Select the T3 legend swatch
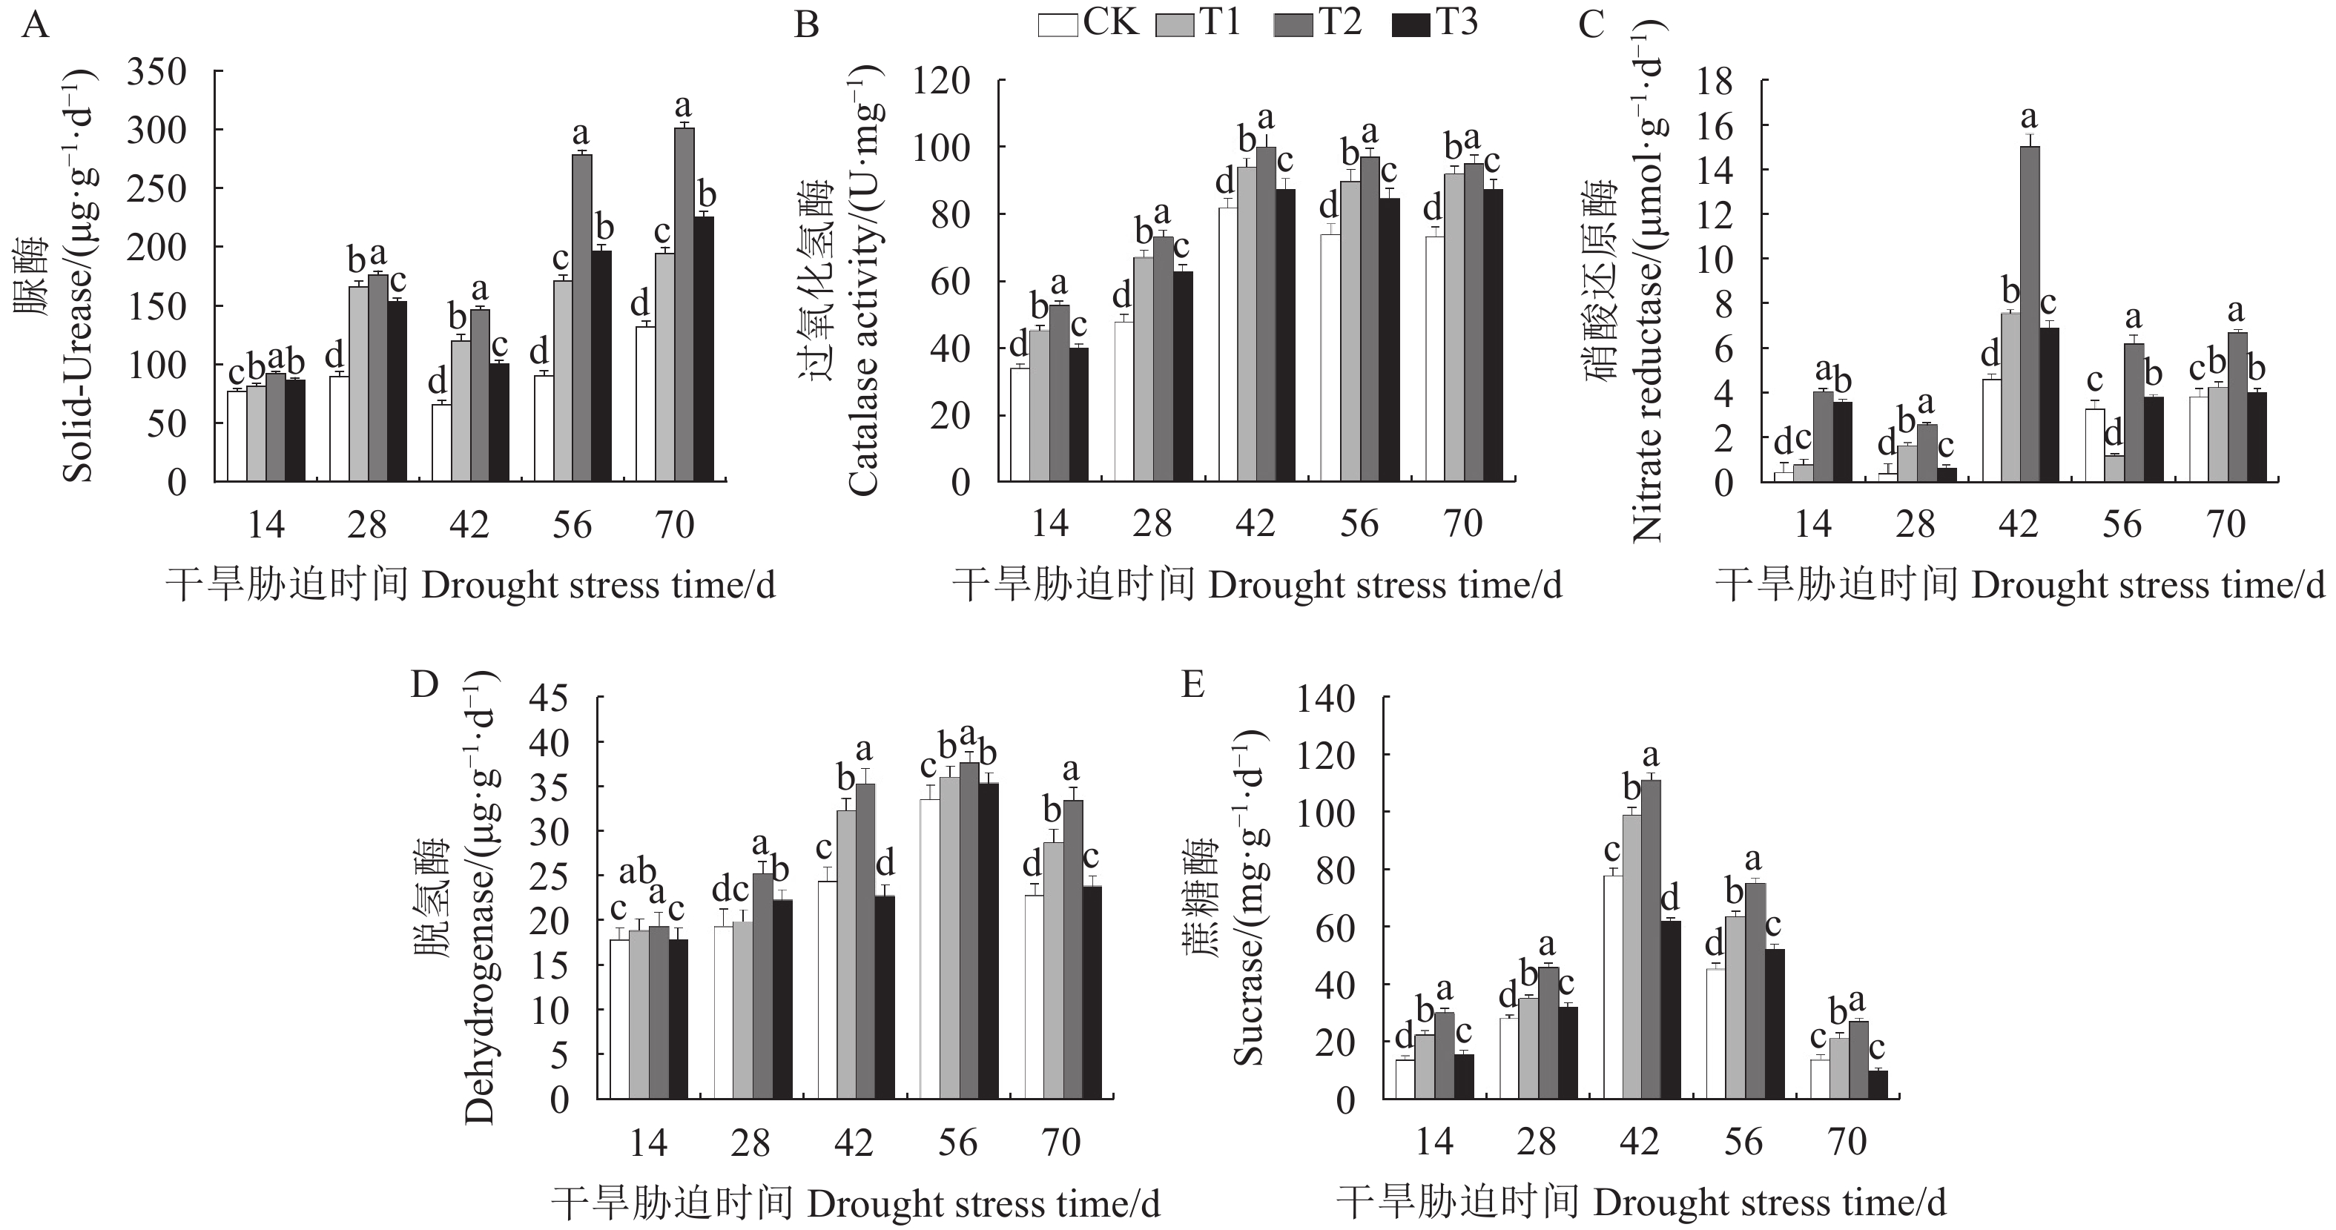pos(1410,24)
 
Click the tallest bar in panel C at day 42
pos(2030,313)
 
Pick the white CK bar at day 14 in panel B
pos(1019,424)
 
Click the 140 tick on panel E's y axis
pos(1326,699)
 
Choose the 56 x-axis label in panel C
pos(2121,525)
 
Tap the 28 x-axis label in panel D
pos(750,1143)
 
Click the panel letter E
pos(1193,685)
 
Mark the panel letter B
pos(806,25)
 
